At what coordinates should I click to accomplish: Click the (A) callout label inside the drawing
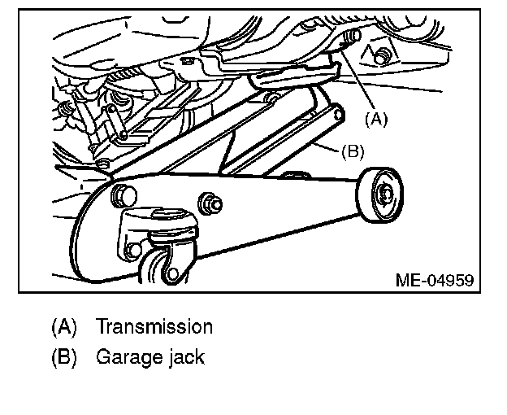point(376,119)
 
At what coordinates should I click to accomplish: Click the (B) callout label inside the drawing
point(352,151)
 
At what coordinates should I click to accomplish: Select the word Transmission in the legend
point(154,327)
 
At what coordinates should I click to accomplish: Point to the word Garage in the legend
point(124,356)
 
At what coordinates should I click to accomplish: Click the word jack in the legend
point(182,356)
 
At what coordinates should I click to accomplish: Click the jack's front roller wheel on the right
point(380,194)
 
